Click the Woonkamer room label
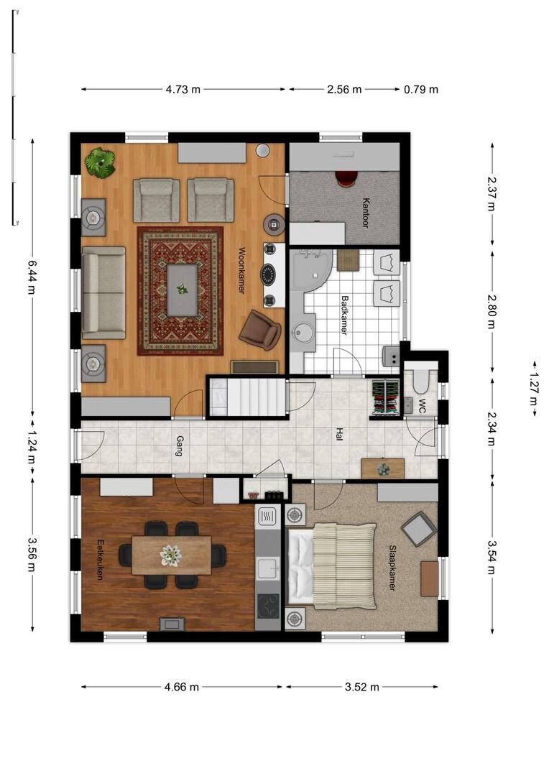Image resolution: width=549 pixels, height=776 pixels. click(241, 270)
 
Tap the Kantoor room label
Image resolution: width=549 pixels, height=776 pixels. click(365, 213)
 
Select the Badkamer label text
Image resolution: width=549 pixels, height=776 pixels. click(344, 315)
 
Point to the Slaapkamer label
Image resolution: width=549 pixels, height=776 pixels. click(392, 568)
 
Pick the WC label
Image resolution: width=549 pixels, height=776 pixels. click(423, 406)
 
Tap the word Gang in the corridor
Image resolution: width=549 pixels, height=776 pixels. click(180, 445)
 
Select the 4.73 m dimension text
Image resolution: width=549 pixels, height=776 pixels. click(183, 90)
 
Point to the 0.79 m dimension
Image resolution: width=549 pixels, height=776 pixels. click(421, 90)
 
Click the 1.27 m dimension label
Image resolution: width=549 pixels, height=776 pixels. click(533, 389)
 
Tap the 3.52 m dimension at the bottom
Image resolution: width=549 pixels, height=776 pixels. click(362, 687)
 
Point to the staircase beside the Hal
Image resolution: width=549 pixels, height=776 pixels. click(247, 397)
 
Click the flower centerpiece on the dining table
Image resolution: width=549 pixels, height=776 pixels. click(171, 555)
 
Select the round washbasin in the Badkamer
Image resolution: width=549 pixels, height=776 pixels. click(303, 331)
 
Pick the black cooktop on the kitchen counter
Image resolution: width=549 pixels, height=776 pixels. click(268, 606)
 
